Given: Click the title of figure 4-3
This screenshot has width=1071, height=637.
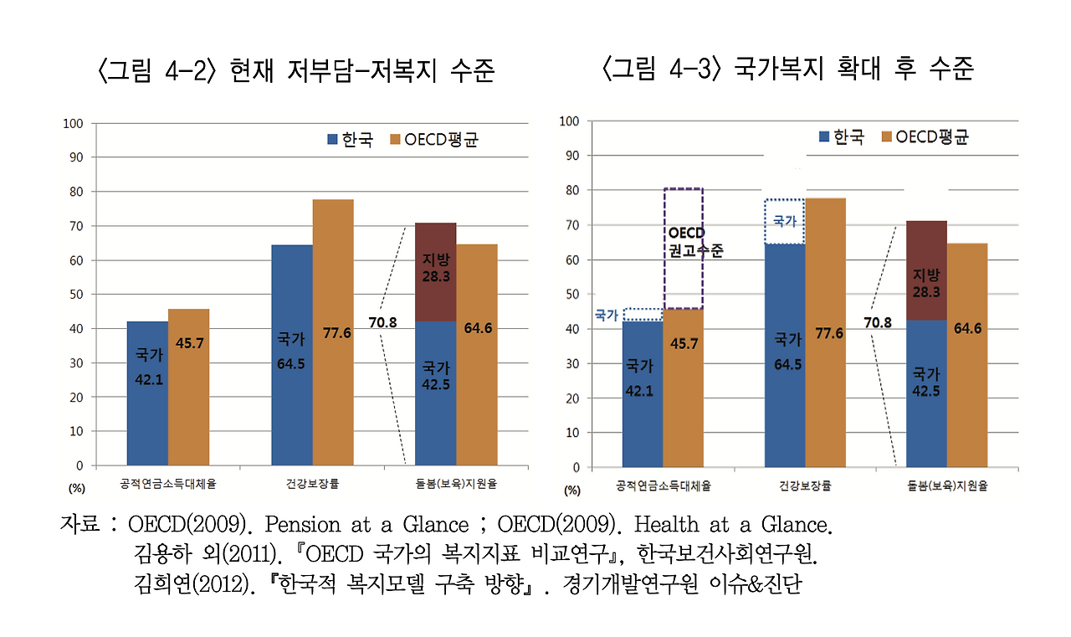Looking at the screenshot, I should point(787,69).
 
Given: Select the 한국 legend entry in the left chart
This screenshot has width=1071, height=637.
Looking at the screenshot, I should point(350,140).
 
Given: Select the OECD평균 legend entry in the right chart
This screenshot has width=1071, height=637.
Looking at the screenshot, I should point(925,137).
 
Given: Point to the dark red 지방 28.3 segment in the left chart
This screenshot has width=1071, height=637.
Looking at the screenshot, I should point(436,272).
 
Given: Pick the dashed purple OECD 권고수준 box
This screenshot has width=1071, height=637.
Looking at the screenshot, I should point(683,249).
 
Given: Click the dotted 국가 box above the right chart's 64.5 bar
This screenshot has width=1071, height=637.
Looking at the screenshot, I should point(785,222).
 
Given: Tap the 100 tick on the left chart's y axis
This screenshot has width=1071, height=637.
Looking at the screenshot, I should point(74,123).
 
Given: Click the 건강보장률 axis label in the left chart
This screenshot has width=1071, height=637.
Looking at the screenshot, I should point(312,483).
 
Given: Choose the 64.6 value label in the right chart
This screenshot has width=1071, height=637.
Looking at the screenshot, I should point(967,328).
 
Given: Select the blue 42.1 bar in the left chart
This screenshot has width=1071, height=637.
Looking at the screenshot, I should point(147,393).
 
